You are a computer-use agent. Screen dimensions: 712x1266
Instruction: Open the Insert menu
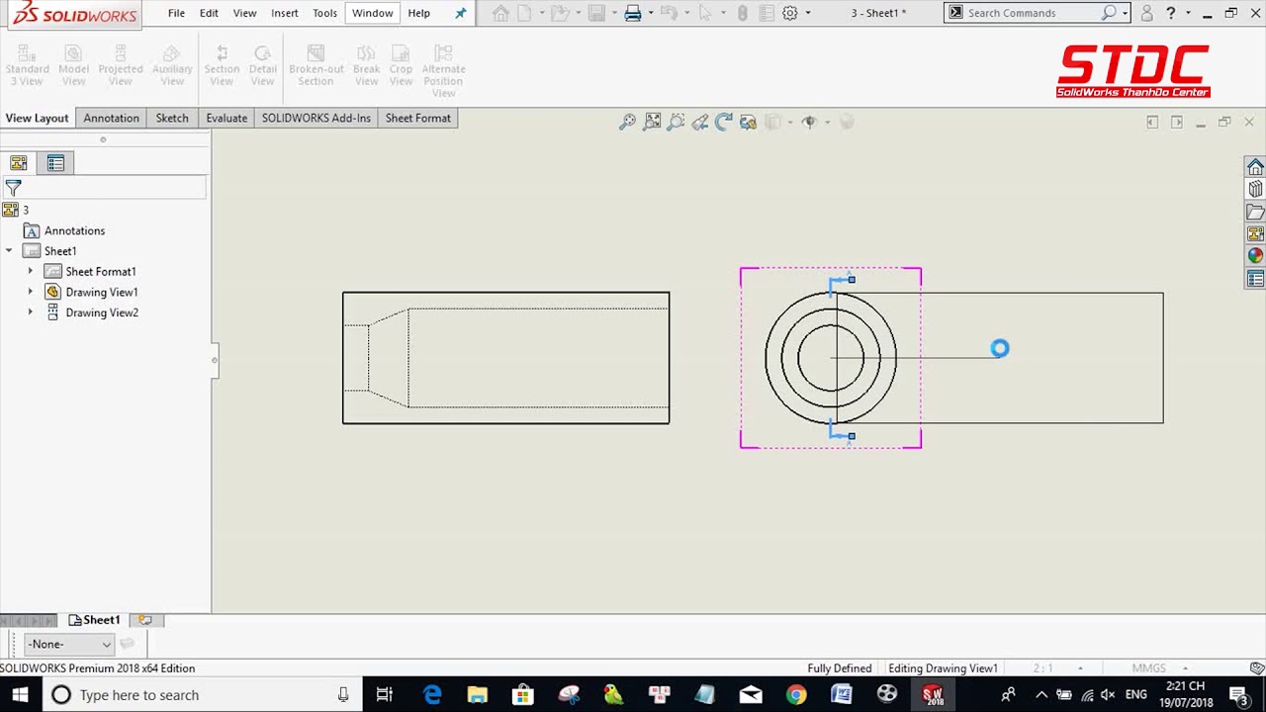(284, 13)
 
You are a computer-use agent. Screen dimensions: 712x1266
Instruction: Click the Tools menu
(324, 13)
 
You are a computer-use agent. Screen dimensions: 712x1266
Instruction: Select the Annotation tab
(111, 118)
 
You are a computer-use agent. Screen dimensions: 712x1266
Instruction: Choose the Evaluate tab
(226, 118)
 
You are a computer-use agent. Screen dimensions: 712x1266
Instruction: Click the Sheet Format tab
(417, 118)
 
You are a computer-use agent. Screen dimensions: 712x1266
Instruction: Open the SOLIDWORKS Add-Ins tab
(316, 118)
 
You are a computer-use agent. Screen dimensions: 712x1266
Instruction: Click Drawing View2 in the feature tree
(101, 312)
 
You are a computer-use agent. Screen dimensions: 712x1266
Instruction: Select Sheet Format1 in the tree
(100, 271)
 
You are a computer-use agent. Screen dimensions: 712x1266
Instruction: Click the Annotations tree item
(74, 230)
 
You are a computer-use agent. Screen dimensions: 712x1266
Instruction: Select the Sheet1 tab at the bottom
(101, 620)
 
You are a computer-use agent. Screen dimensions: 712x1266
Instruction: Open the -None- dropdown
(68, 644)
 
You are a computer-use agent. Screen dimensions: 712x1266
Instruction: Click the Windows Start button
(20, 694)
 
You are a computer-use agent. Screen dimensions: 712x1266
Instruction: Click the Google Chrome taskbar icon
(795, 694)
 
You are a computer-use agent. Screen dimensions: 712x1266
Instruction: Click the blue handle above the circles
(852, 280)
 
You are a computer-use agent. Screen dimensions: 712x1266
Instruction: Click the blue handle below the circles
(852, 435)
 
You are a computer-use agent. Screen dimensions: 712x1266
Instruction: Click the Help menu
(418, 13)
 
